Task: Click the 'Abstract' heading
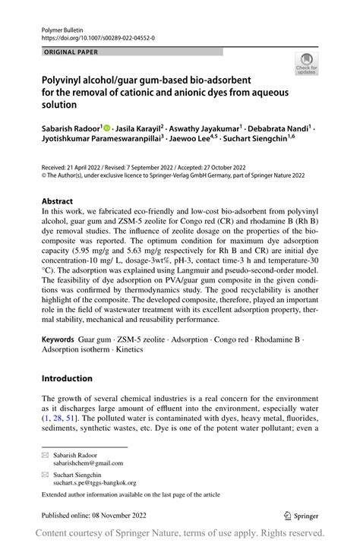click(58, 202)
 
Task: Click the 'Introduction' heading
click(68, 378)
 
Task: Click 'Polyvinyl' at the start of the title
click(63, 79)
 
